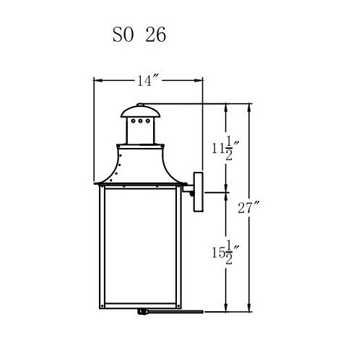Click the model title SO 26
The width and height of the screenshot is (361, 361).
coord(139,35)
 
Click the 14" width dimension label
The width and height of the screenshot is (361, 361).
coord(148,81)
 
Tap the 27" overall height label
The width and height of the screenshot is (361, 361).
coord(248,207)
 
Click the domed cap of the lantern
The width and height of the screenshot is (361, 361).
coord(141,112)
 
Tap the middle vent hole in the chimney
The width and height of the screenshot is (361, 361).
coord(141,121)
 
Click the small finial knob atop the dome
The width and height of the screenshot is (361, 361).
coord(140,105)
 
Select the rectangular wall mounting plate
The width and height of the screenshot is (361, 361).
coord(199,192)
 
